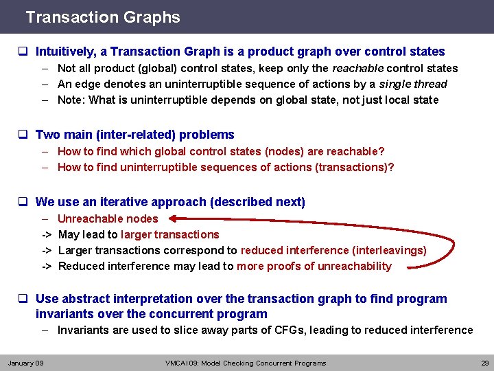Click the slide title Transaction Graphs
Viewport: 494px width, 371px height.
click(102, 17)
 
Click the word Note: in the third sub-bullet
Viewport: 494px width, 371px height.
click(71, 100)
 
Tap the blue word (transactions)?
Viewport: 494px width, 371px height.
click(354, 167)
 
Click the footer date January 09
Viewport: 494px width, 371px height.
click(25, 363)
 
